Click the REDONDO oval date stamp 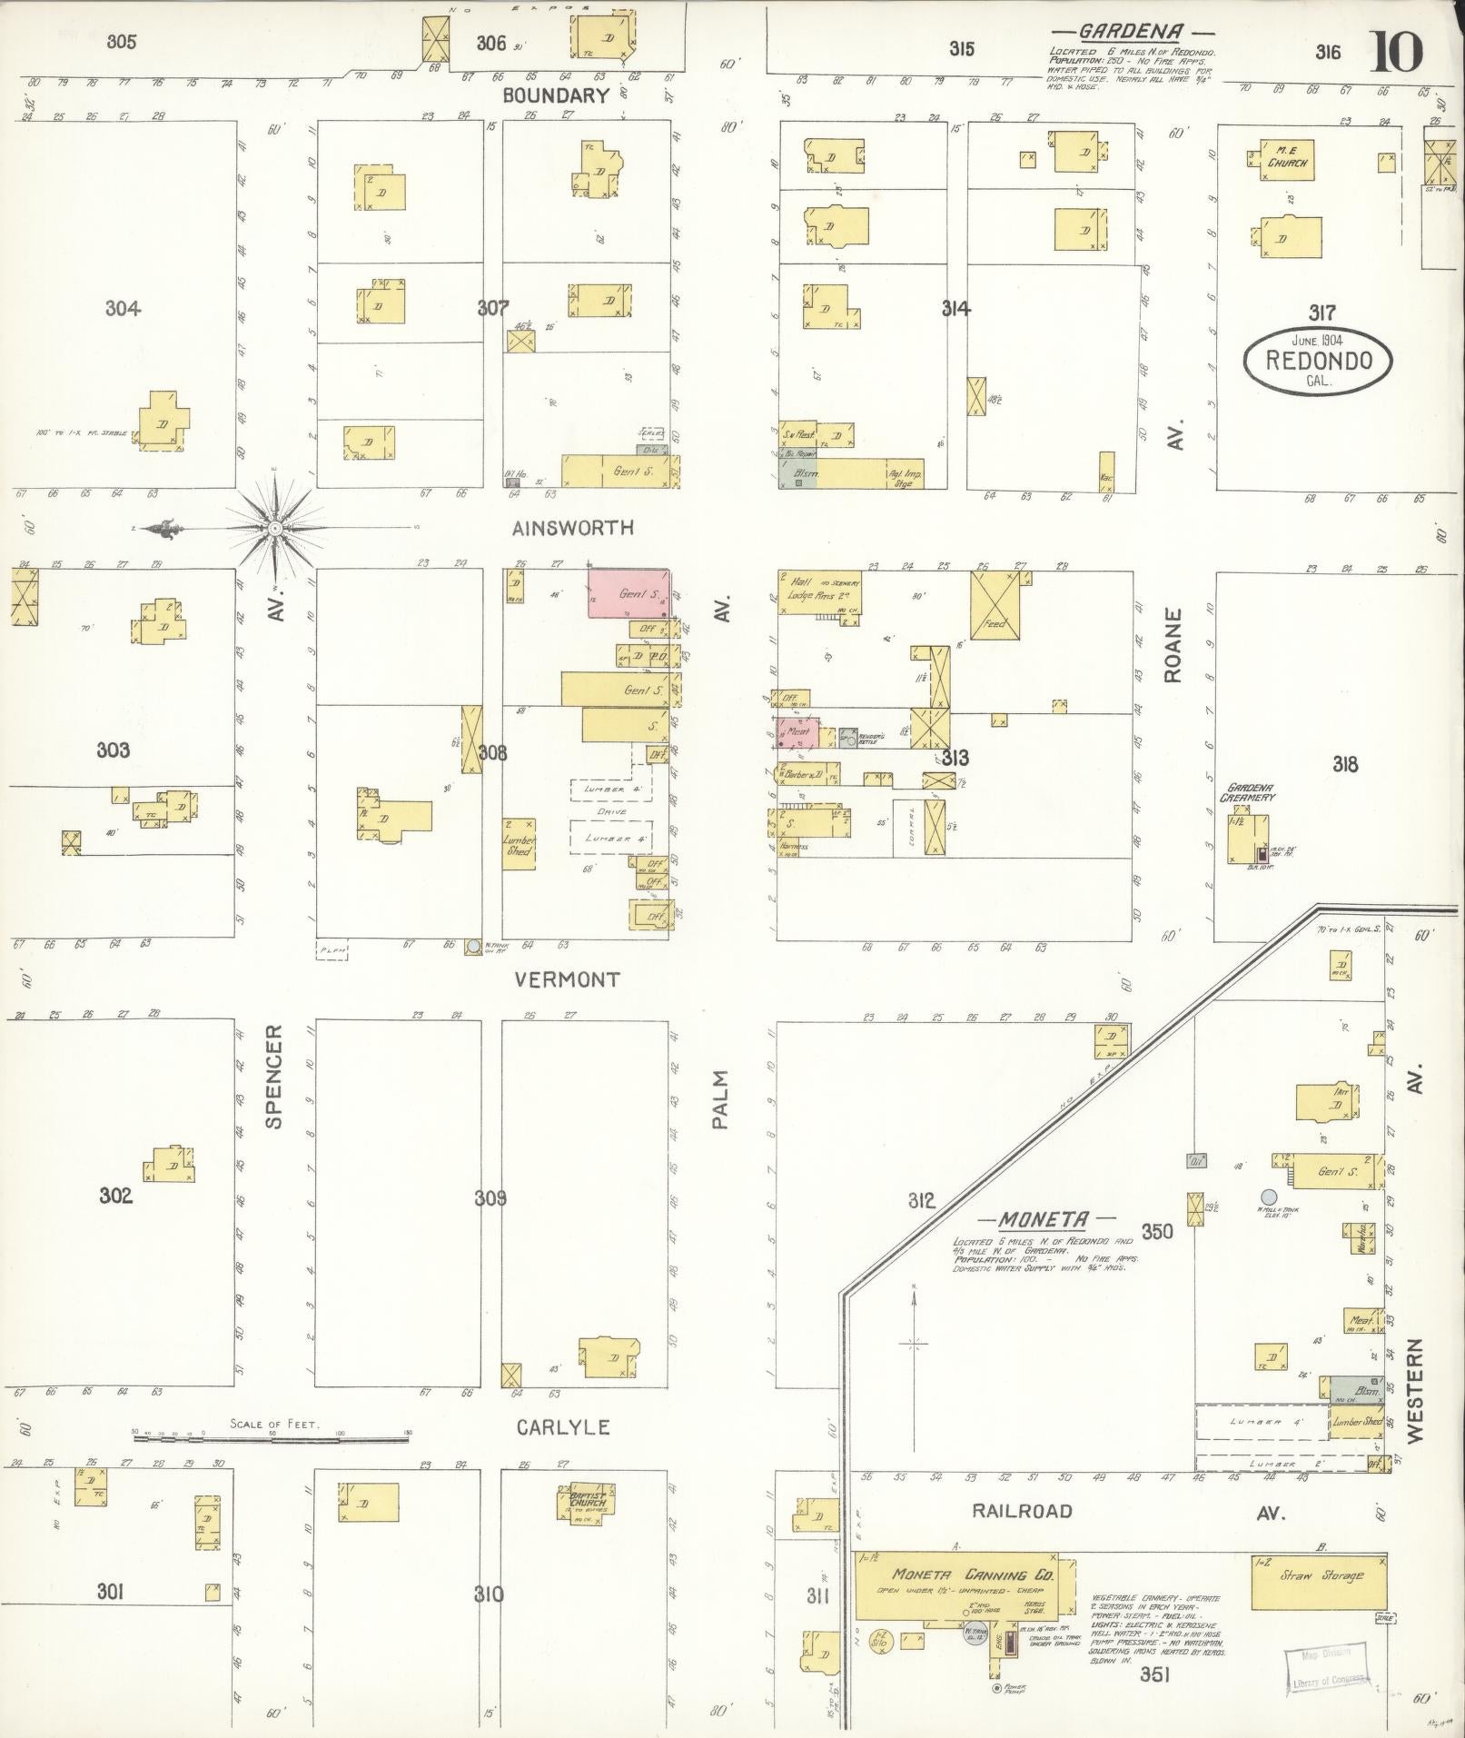coord(1318,360)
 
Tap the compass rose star coord(274,527)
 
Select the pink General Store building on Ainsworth coord(629,593)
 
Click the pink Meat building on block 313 coord(799,732)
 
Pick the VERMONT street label coord(566,979)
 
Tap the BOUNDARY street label coord(555,95)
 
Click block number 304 coord(123,309)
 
